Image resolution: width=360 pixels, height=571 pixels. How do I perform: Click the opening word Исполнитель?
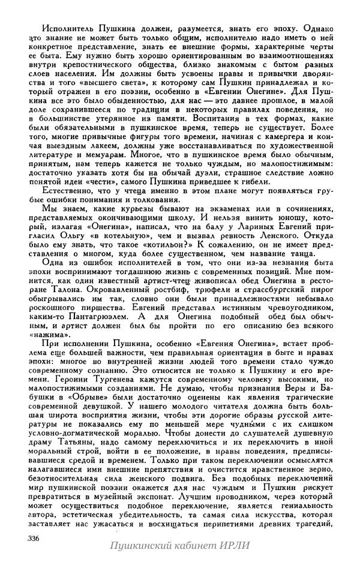(x=64, y=28)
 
